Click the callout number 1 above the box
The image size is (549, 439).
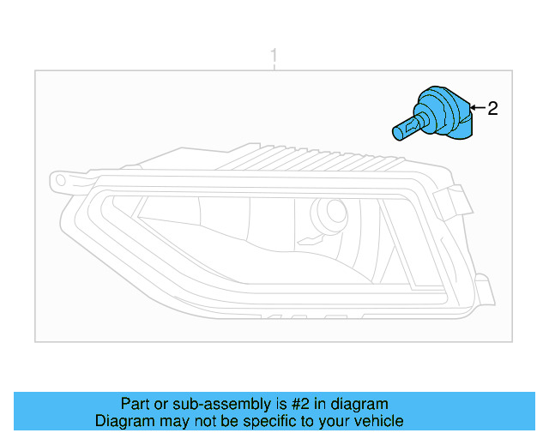(274, 57)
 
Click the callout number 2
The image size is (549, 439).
(492, 108)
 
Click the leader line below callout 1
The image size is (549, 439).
(274, 69)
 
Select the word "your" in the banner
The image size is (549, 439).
(331, 421)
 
